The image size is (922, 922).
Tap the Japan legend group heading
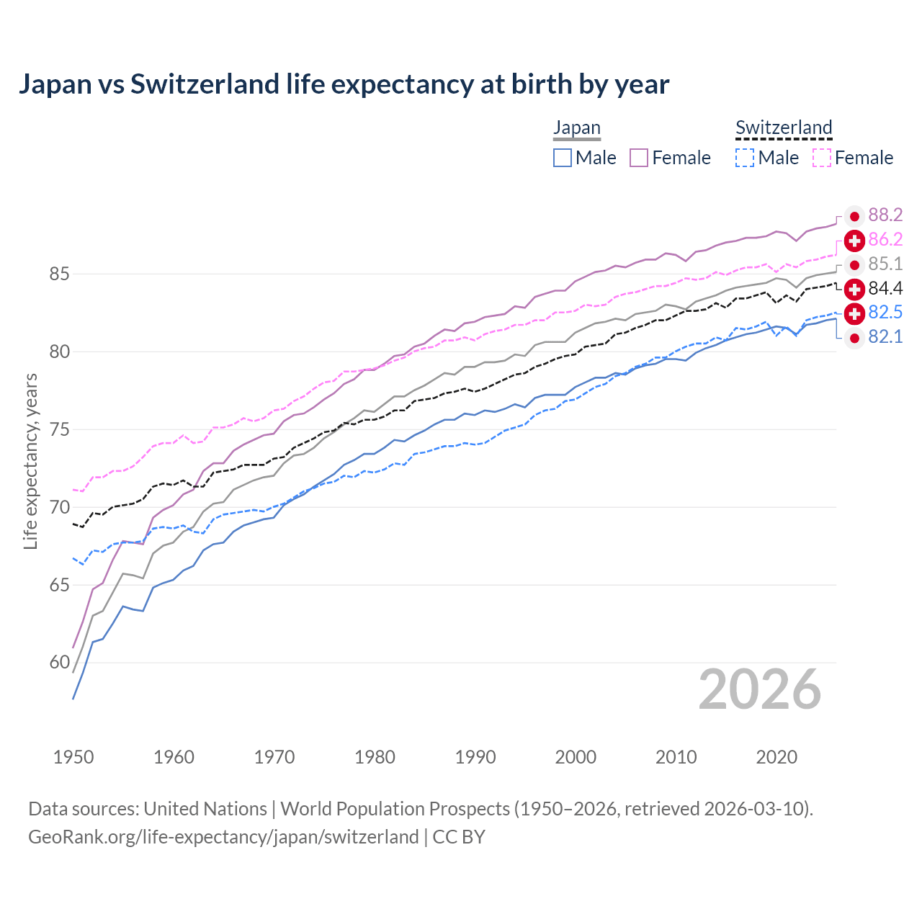[x=576, y=128]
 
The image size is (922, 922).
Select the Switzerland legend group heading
[x=784, y=128]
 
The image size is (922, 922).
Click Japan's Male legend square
[x=563, y=158]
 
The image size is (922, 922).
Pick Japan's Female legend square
[x=639, y=158]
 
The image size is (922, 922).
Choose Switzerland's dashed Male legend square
[x=745, y=158]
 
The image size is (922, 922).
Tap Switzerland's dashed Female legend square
[x=822, y=158]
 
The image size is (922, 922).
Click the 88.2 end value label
[x=885, y=215]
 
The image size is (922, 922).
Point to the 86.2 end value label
[x=885, y=240]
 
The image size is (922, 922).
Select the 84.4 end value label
[x=885, y=289]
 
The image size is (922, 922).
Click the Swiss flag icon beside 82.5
[x=854, y=313]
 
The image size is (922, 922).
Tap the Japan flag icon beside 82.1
[x=854, y=338]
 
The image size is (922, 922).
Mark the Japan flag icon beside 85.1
[x=854, y=264]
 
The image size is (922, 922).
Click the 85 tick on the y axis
[x=59, y=274]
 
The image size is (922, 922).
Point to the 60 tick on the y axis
[x=59, y=663]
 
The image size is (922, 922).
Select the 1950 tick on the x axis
[x=73, y=757]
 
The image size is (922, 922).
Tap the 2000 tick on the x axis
[x=576, y=757]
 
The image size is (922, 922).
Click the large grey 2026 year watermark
[x=759, y=690]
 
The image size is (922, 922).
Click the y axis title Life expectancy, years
[x=30, y=461]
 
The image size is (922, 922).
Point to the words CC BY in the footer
[x=459, y=837]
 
